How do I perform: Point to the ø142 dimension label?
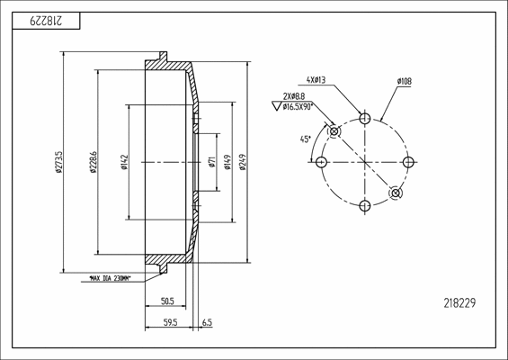[124, 162]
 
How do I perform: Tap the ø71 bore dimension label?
[210, 162]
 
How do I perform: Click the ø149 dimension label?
[227, 162]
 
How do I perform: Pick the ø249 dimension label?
[244, 162]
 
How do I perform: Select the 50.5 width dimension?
[166, 301]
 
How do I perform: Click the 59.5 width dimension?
[170, 320]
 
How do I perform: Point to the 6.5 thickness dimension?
[208, 320]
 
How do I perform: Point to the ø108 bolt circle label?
[404, 81]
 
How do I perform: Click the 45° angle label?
[305, 139]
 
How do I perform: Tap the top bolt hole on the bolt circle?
[364, 118]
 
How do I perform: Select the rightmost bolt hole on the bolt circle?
[407, 162]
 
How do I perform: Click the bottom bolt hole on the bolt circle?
[364, 206]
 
